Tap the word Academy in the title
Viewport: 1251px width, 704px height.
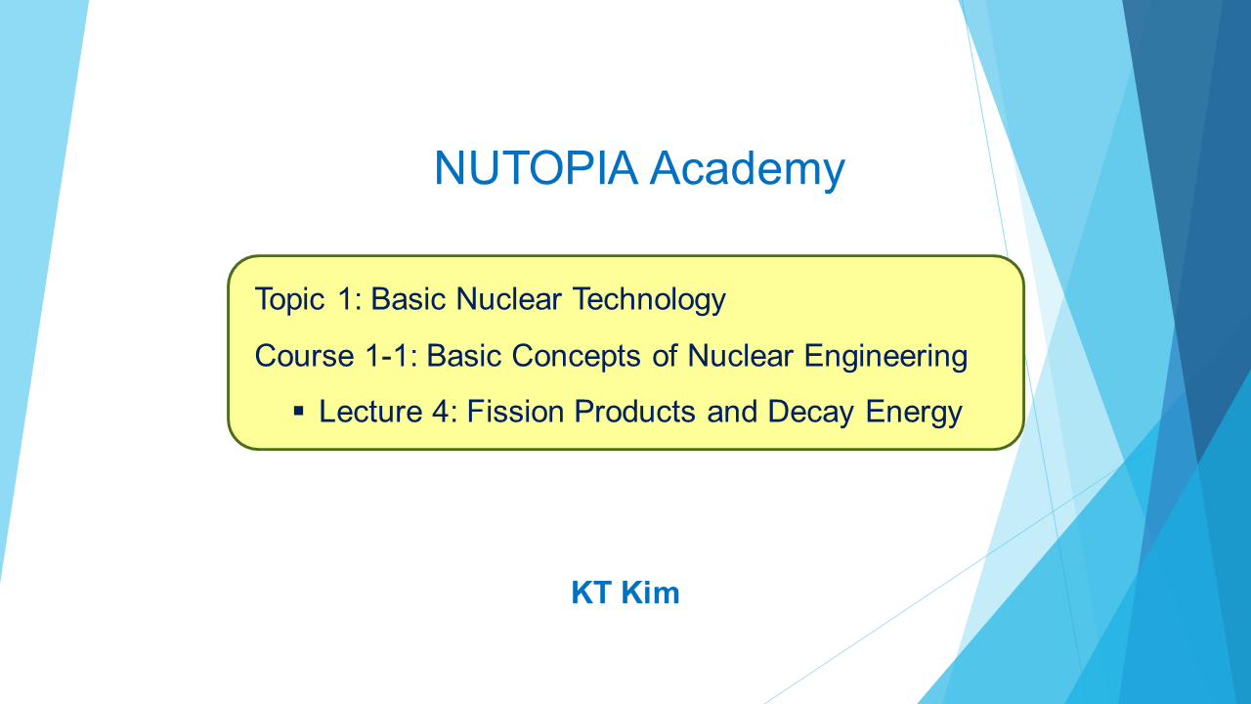click(748, 170)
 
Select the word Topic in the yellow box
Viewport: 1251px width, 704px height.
click(289, 299)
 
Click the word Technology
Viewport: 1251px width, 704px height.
click(650, 299)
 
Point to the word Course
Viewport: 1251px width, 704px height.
click(304, 356)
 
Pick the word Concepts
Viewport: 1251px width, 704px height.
click(576, 357)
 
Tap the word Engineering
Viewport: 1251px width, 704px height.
click(885, 357)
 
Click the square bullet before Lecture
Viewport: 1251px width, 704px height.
click(299, 412)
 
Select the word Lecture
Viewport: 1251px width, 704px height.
click(370, 412)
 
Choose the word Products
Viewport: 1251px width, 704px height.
click(635, 412)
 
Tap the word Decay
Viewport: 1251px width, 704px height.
click(811, 413)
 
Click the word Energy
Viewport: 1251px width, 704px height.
click(914, 413)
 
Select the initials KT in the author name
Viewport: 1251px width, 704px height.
click(591, 593)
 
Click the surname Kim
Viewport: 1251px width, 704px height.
click(650, 593)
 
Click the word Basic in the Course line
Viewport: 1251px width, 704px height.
click(463, 356)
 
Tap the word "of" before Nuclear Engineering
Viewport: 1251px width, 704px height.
click(665, 356)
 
